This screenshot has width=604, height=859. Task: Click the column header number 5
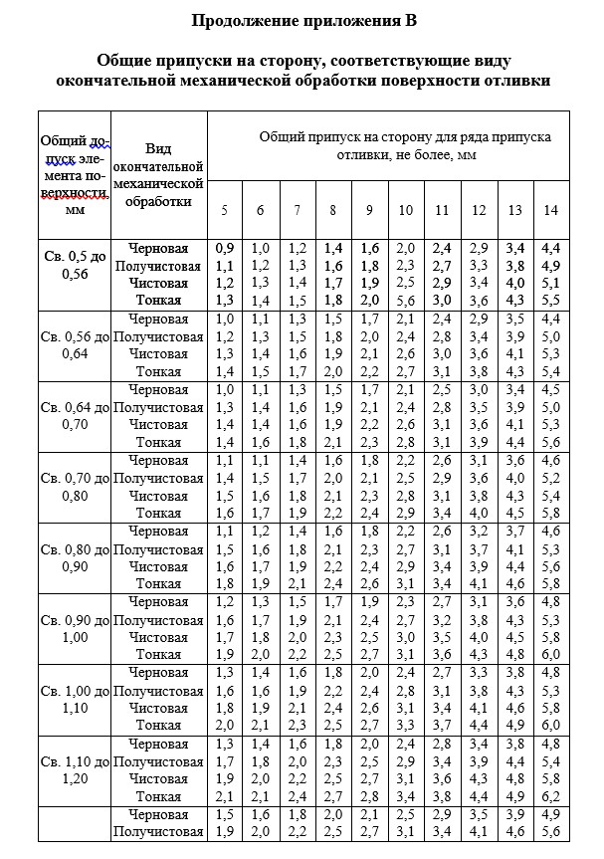coord(224,210)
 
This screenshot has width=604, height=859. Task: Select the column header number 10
coord(405,210)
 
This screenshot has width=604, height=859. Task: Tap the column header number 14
coord(550,210)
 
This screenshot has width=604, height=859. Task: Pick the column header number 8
coord(332,210)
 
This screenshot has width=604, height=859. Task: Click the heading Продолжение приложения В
coord(302,20)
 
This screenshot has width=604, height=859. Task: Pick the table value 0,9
coord(224,246)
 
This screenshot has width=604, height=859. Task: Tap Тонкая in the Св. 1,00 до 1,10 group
coord(158,726)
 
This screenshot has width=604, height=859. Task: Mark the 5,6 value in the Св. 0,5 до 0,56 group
coord(405,300)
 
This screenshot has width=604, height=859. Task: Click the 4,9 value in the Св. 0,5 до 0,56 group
coord(550,265)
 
